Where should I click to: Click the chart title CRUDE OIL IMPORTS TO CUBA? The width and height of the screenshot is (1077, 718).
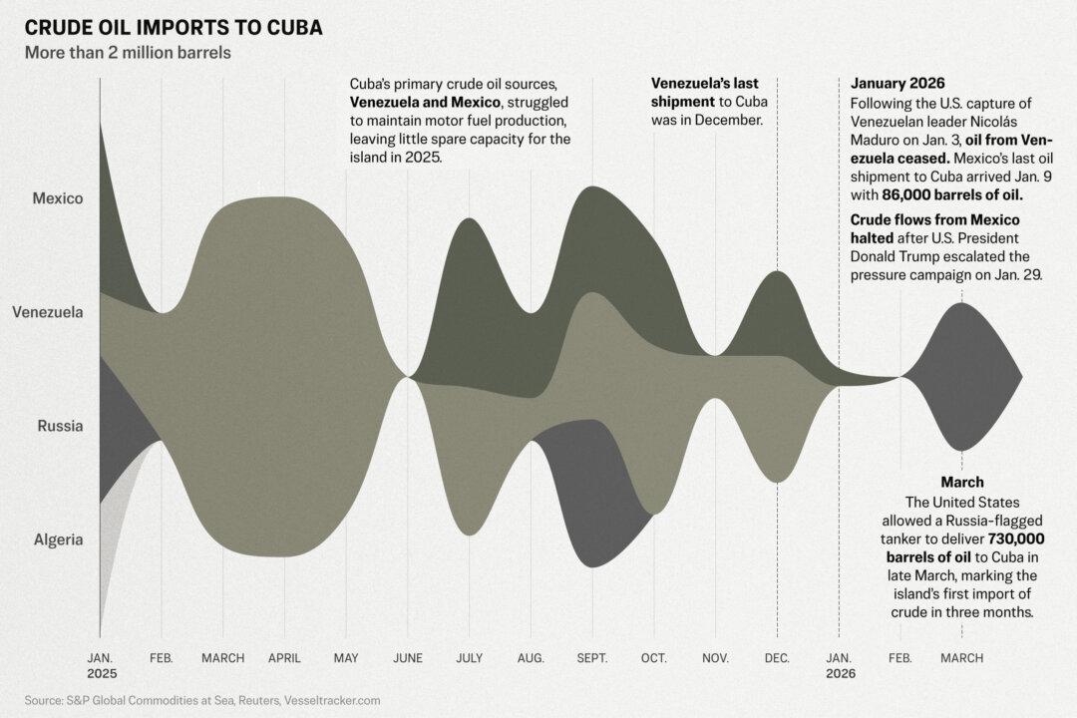point(173,27)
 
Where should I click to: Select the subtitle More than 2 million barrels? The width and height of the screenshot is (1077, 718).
point(128,52)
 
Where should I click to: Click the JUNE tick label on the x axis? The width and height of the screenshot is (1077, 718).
point(408,658)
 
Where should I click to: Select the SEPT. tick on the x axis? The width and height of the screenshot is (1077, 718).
point(592,658)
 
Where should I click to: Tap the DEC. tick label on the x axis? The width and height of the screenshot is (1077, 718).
point(777,658)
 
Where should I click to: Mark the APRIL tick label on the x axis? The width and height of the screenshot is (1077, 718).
point(284,658)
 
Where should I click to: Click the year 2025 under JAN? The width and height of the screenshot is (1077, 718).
point(101,674)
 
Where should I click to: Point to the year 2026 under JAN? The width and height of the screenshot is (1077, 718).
point(839,674)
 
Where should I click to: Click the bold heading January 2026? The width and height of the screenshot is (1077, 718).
point(897,83)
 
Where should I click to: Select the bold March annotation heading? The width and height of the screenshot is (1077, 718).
point(961,482)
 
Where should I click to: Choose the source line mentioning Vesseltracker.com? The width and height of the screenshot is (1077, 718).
point(202,701)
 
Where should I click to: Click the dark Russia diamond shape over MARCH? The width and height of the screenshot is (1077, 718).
point(961,377)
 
